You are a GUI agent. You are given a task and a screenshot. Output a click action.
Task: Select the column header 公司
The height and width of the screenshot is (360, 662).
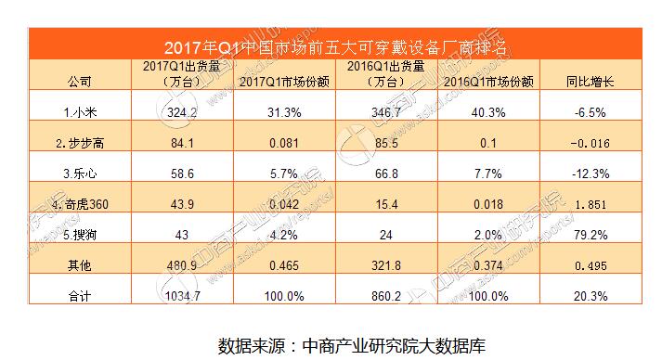[x=80, y=82]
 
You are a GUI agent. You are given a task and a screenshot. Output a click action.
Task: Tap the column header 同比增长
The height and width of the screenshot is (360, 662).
[x=590, y=82]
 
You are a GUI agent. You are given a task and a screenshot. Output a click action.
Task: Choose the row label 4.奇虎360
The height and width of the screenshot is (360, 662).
[x=82, y=203]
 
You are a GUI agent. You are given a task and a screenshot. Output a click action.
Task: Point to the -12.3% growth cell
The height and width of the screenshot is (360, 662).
[x=591, y=174]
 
